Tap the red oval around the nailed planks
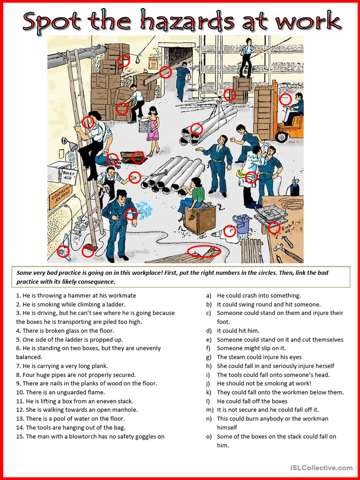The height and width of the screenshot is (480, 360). click(203, 251)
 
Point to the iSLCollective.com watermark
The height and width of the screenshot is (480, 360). click(321, 467)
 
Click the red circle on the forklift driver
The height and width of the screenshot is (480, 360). click(285, 99)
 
